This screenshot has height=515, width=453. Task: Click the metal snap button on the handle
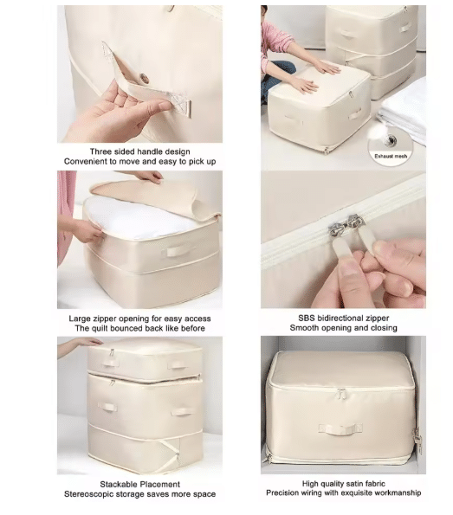(144, 78)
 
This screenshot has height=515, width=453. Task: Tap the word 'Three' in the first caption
(100, 151)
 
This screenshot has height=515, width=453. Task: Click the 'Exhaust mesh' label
(391, 156)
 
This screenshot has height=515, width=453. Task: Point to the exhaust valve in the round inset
(391, 140)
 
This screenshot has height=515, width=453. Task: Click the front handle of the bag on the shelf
(340, 428)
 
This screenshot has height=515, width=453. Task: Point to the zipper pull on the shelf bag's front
(341, 393)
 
